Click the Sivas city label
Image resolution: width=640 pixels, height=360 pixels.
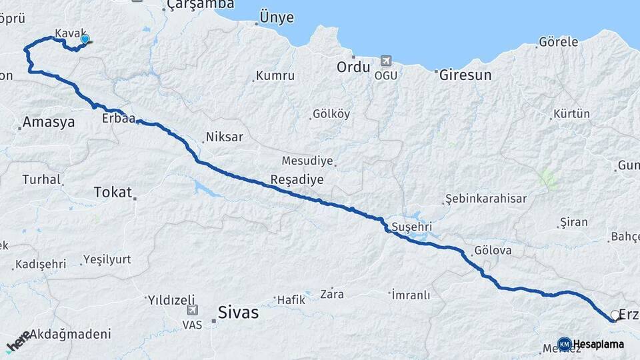click(239, 313)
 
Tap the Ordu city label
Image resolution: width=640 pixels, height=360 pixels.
click(353, 67)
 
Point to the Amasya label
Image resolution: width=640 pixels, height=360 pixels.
click(48, 122)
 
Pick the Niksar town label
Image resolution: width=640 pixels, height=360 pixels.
click(225, 137)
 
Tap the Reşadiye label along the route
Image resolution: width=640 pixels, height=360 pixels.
click(297, 179)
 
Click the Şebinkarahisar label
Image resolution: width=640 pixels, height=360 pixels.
click(486, 199)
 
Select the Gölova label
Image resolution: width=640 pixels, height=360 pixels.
click(493, 251)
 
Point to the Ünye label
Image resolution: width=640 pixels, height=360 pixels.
click(276, 18)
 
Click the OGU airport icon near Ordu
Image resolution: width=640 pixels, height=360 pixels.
click(386, 61)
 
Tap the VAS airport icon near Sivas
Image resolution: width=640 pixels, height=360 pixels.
click(193, 309)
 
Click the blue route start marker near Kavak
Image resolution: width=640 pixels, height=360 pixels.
click(85, 39)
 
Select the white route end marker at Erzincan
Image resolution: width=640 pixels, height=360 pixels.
click(615, 315)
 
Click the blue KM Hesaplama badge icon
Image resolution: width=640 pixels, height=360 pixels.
click(564, 344)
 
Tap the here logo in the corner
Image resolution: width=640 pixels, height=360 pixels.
click(18, 341)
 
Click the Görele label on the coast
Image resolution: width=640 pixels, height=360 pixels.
click(558, 42)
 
